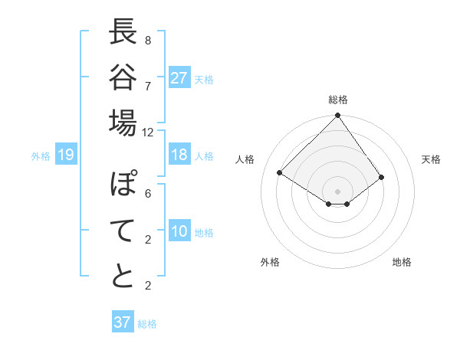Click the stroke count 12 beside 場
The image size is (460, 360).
tap(148, 133)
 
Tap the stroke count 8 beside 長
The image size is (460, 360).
tap(148, 40)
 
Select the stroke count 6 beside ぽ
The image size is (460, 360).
tap(148, 194)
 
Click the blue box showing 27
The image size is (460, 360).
tap(179, 78)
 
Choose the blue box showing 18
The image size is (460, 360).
tap(179, 155)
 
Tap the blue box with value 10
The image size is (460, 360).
tap(179, 232)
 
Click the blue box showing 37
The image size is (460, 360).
tap(122, 322)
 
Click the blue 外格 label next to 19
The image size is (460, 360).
tap(41, 156)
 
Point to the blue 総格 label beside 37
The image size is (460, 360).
tap(147, 323)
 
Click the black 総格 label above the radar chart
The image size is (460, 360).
tap(337, 100)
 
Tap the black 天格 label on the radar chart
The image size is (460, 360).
tap(431, 159)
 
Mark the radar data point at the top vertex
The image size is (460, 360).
tap(337, 116)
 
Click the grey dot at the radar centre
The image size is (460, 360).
tap(337, 190)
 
